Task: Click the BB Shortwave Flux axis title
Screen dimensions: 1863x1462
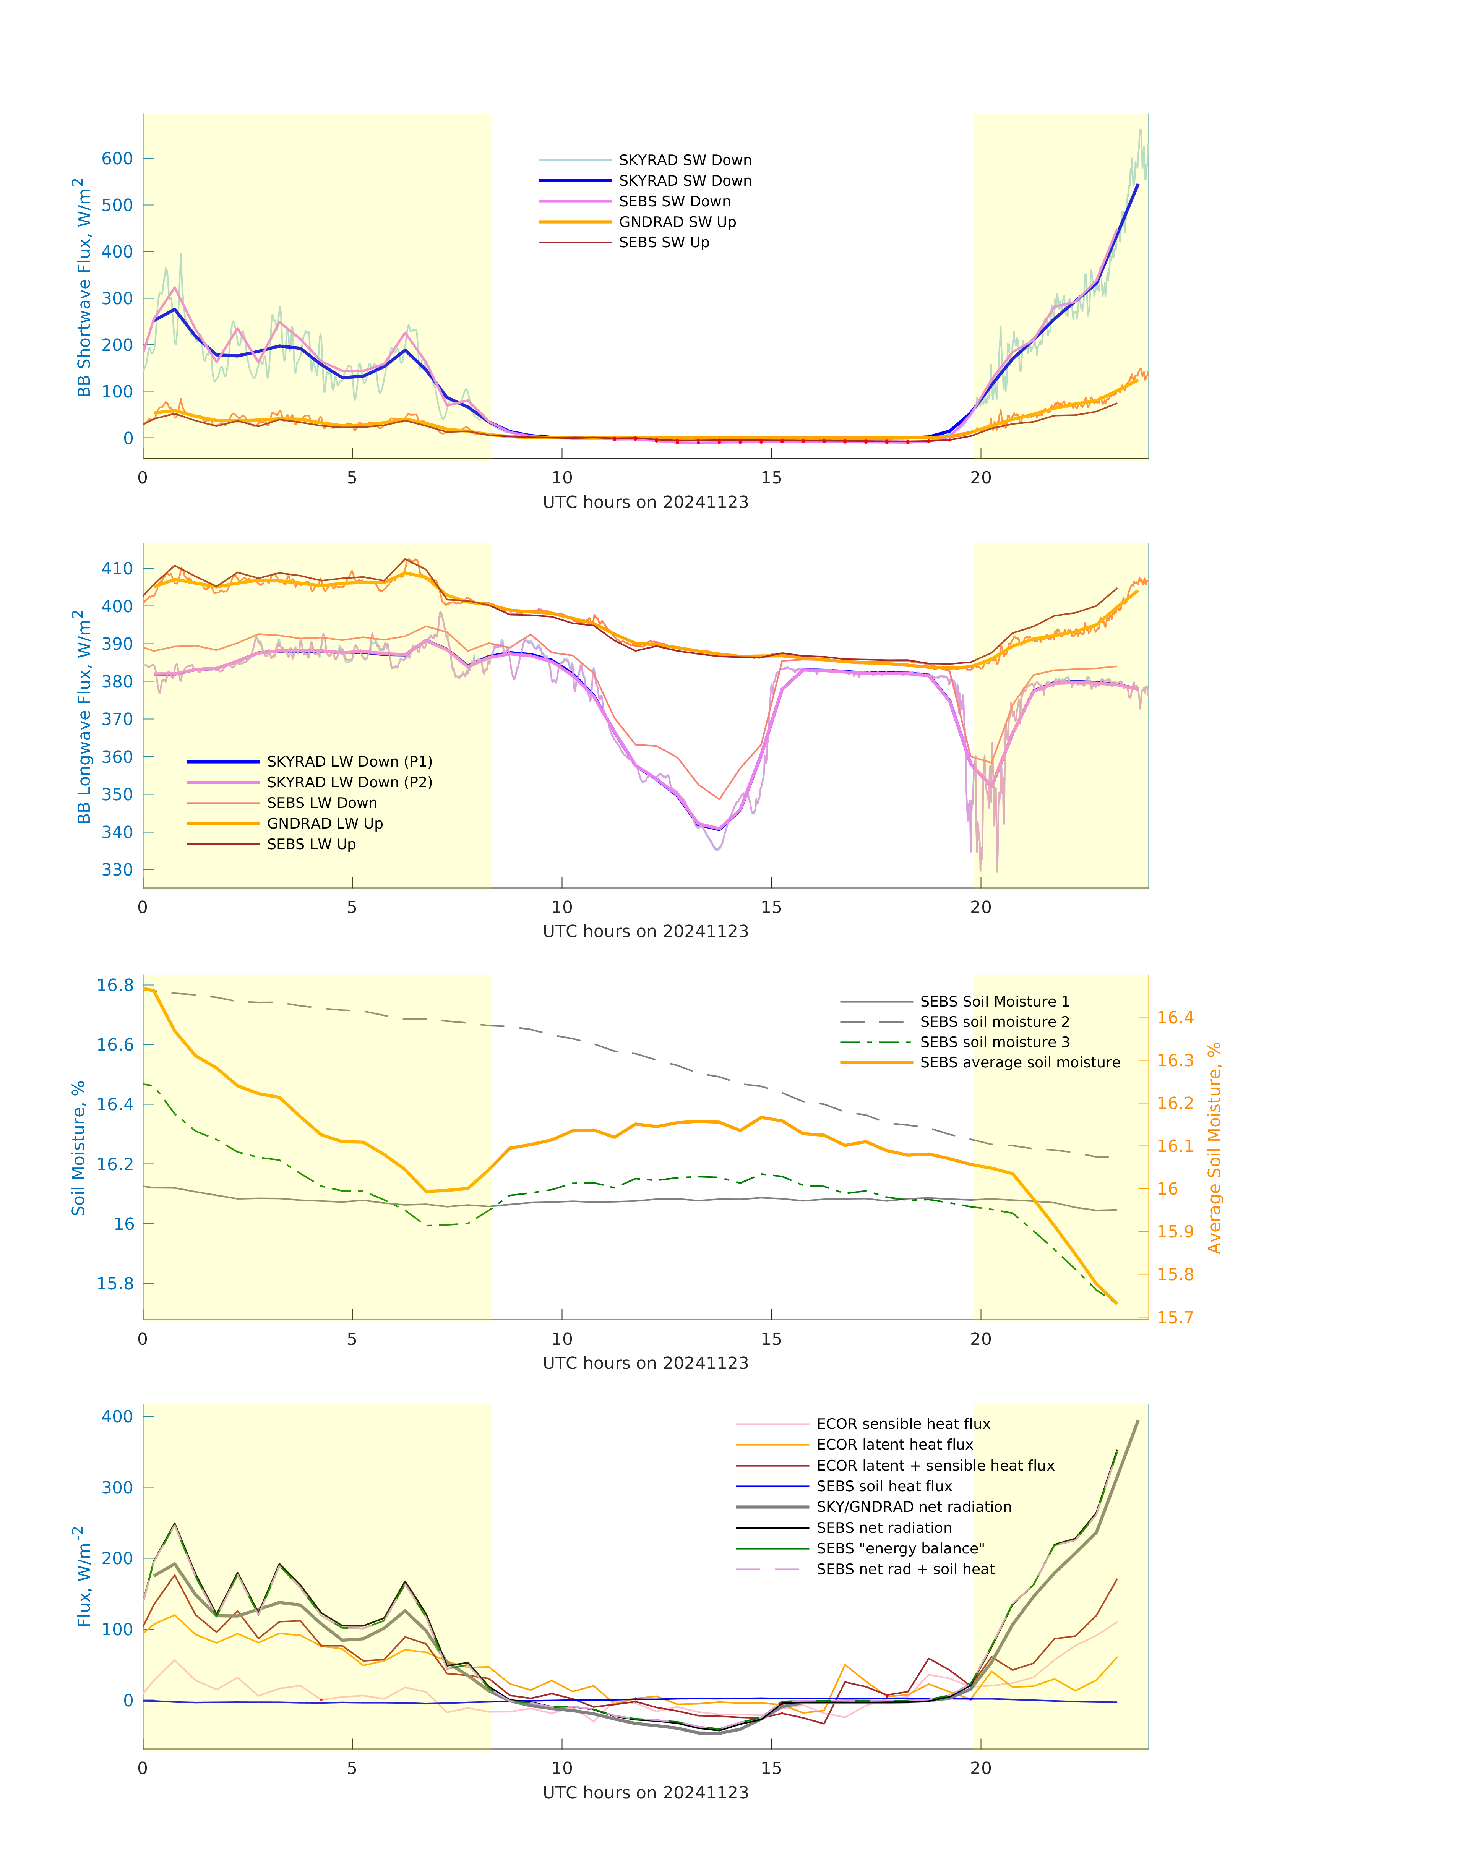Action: pos(83,287)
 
